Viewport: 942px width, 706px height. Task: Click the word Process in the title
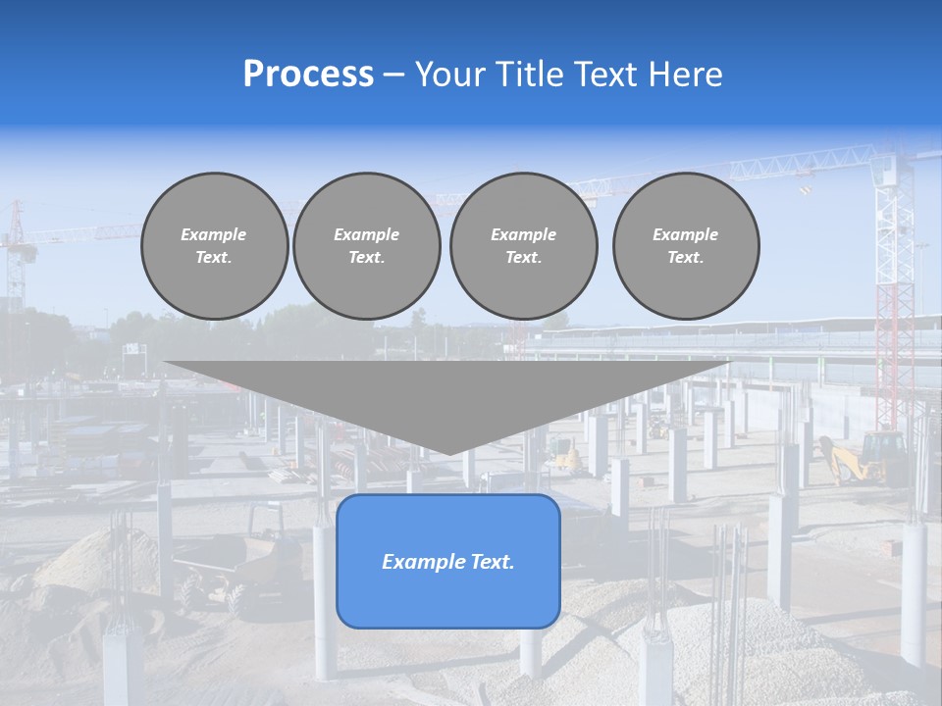308,75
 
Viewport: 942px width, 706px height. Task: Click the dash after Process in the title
394,76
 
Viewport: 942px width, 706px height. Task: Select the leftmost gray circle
215,245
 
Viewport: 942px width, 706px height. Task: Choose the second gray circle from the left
367,245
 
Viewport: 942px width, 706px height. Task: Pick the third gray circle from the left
524,245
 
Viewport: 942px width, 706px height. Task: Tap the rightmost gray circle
686,245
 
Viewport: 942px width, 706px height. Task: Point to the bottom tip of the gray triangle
448,454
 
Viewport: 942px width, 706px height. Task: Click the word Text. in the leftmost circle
214,258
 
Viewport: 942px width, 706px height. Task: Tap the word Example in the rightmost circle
685,234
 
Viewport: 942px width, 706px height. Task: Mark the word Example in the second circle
367,234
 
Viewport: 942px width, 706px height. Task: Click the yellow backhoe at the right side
863,459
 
